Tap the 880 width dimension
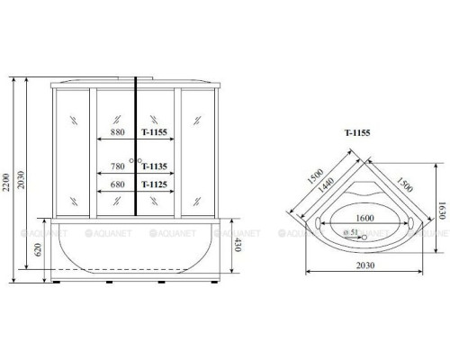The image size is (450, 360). click(117, 131)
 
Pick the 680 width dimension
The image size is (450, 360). click(117, 184)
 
